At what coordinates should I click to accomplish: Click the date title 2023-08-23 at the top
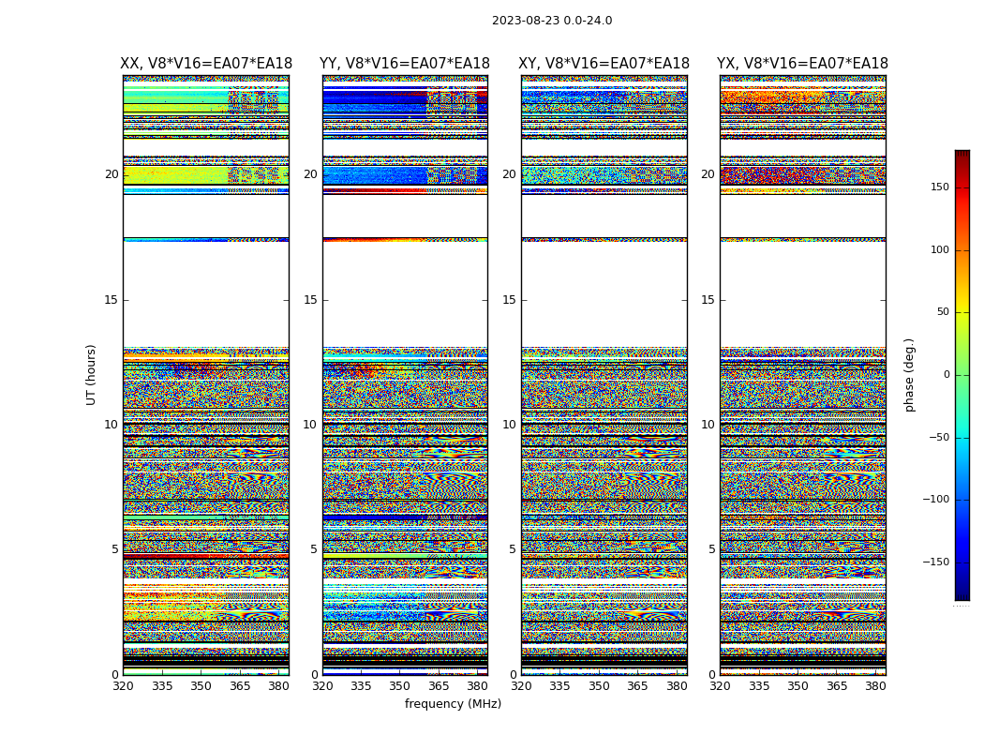[552, 21]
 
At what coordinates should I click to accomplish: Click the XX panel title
[206, 64]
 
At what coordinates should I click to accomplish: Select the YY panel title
[405, 64]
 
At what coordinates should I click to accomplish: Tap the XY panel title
[604, 64]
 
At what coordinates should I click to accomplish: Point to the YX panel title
[802, 64]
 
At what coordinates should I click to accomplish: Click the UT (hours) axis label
[92, 374]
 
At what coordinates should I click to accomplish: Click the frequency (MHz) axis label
[453, 704]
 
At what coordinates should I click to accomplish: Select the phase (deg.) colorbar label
[909, 374]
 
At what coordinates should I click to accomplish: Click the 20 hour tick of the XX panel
[112, 174]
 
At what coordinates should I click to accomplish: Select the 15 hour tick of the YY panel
[310, 300]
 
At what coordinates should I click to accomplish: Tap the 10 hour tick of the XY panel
[509, 425]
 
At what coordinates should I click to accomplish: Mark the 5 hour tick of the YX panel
[711, 549]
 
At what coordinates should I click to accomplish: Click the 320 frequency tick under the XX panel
[123, 686]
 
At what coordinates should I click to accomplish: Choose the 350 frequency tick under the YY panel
[400, 686]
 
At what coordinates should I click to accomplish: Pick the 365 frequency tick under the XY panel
[637, 686]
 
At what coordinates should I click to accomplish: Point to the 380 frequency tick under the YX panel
[875, 686]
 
